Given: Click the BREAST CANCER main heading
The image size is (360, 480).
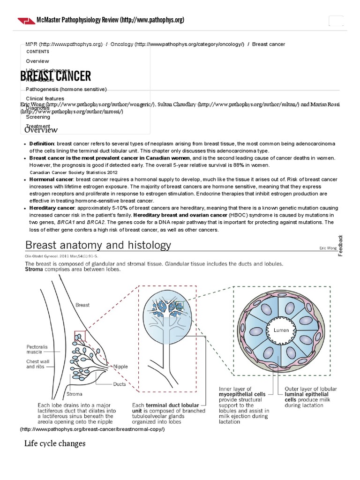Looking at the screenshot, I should [x=56, y=76].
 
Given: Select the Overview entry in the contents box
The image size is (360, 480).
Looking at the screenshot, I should [x=37, y=61].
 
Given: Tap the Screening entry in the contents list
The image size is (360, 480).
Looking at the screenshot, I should [x=38, y=117].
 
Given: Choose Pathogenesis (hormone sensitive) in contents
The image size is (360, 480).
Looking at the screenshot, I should [x=67, y=89].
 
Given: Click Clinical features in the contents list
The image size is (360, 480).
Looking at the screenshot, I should [x=45, y=98].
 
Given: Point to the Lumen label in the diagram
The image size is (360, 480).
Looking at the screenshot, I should [x=281, y=330].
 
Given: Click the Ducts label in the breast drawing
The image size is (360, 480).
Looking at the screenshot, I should [x=120, y=384].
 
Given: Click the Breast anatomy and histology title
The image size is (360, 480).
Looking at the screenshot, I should [x=98, y=245].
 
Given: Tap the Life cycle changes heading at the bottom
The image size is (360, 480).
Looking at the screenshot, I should [x=55, y=443].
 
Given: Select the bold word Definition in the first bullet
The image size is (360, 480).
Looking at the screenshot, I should [x=42, y=143].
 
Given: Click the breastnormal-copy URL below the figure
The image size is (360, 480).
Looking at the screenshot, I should [x=92, y=429].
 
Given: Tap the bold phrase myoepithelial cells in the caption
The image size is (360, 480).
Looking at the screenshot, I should [x=242, y=395].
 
